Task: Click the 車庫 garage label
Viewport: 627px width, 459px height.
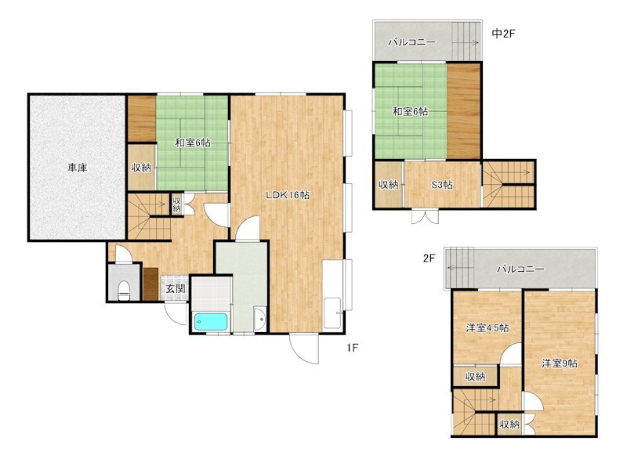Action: point(77,168)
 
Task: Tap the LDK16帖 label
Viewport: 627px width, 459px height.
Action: point(288,195)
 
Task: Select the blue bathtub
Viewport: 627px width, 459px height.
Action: point(211,322)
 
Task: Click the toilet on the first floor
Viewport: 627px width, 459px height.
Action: point(125,291)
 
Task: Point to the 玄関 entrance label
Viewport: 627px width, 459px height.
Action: point(176,288)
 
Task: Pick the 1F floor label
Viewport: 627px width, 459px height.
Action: point(352,348)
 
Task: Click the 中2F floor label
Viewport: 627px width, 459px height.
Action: point(503,34)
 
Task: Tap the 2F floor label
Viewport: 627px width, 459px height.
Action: point(429,258)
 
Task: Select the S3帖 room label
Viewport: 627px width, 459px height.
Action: point(442,185)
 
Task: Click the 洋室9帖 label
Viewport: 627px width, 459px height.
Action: point(560,363)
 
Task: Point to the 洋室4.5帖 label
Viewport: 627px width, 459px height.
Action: point(487,328)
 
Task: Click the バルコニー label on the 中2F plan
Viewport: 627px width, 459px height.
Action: point(412,42)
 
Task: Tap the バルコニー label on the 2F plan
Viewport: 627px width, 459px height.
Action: point(520,269)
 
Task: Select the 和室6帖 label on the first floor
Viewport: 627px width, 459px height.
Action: point(193,143)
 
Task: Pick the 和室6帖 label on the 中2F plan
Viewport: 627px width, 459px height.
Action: point(410,111)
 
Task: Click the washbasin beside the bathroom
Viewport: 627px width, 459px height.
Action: point(260,319)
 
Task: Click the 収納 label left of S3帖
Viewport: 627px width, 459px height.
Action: point(388,185)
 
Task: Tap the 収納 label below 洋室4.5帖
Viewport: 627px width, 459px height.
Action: point(476,377)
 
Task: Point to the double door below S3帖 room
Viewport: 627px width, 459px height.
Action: point(425,216)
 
